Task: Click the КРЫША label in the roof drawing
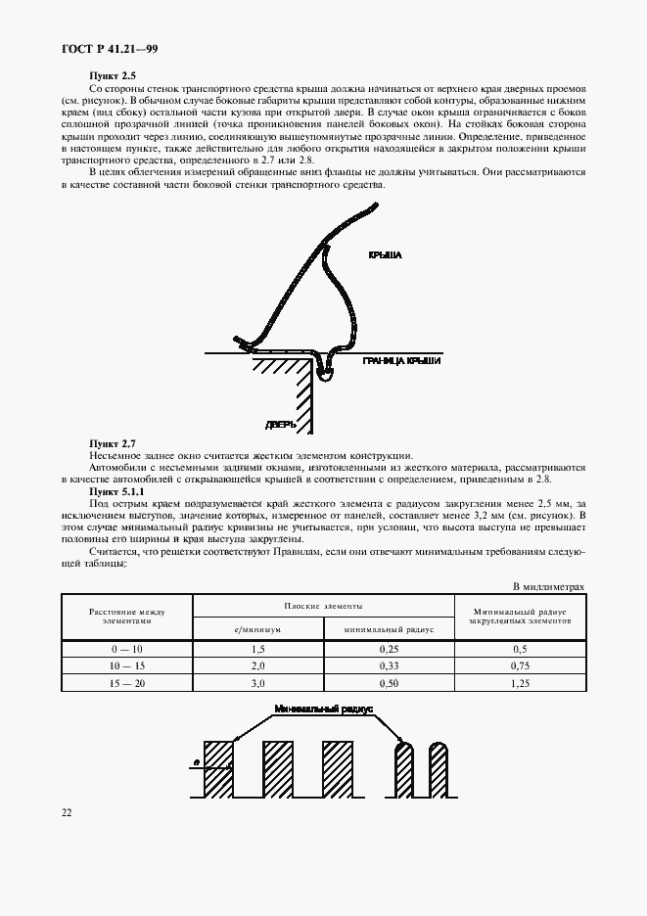[x=386, y=254]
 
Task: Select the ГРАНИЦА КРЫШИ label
[x=401, y=361]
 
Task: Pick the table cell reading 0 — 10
[x=126, y=648]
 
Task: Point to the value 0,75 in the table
[x=519, y=665]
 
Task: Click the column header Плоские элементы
[x=323, y=607]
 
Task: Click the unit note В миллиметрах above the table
[x=549, y=586]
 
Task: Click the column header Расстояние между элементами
[x=126, y=617]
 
